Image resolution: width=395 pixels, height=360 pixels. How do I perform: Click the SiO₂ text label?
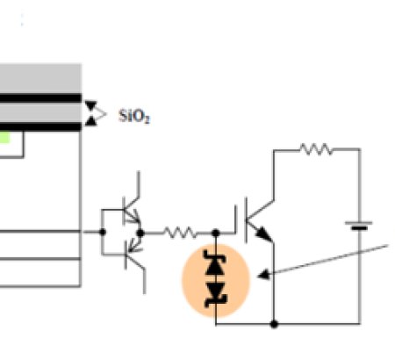[x=133, y=115]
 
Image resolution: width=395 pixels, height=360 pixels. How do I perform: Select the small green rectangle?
[x=5, y=138]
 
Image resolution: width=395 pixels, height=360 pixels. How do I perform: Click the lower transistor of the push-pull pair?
[x=131, y=256]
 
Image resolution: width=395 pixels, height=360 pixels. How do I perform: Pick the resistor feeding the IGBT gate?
[x=181, y=233]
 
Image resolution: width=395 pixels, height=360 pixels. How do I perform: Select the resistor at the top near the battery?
[x=314, y=149]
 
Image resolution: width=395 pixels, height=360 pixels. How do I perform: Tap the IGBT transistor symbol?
[x=257, y=221]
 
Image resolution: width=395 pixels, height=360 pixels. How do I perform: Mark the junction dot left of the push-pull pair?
[x=103, y=233]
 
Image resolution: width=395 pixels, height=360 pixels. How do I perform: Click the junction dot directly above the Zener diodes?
[x=216, y=233]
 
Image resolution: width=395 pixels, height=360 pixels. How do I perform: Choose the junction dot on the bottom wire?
[x=275, y=323]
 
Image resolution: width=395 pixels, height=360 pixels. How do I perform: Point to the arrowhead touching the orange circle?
[x=265, y=275]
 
